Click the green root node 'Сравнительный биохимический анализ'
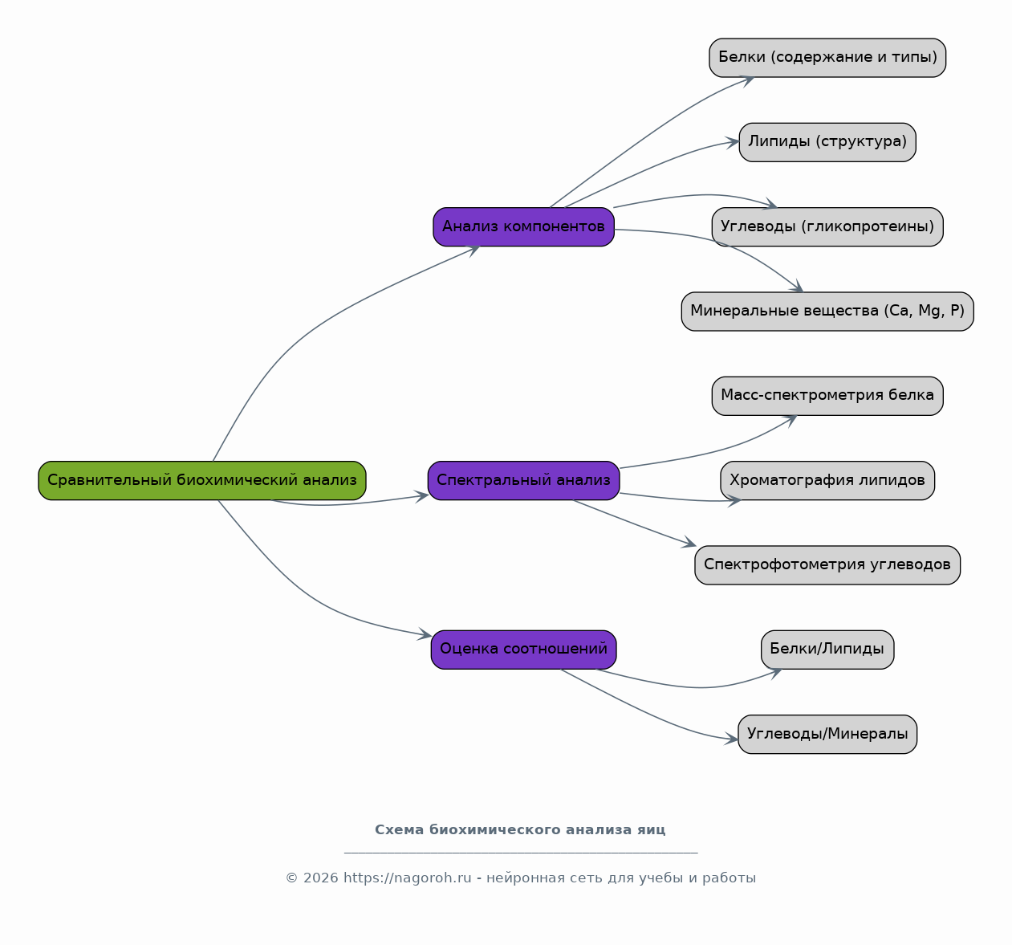(x=201, y=480)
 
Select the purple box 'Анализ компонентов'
(x=523, y=226)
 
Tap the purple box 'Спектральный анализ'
(x=523, y=480)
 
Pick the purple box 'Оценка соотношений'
(x=523, y=650)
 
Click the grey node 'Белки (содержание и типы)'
(x=827, y=58)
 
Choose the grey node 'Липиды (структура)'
(x=827, y=142)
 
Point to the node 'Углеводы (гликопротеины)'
(x=827, y=226)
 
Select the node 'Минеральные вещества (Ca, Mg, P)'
(x=827, y=311)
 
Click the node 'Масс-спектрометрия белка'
(x=827, y=396)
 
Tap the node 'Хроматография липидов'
(x=827, y=480)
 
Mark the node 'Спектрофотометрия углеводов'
(x=827, y=564)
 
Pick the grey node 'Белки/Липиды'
(x=827, y=650)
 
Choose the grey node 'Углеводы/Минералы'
(x=827, y=734)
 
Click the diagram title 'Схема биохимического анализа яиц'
(x=520, y=829)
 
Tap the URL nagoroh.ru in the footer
(x=407, y=878)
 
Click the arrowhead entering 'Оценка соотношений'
(x=425, y=634)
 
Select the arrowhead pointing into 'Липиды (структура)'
(x=732, y=142)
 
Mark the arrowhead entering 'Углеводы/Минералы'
(x=731, y=739)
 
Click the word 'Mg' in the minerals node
(x=930, y=311)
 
